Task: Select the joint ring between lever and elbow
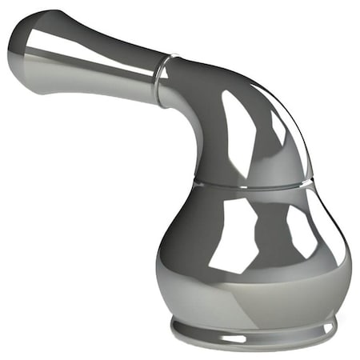click(165, 76)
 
